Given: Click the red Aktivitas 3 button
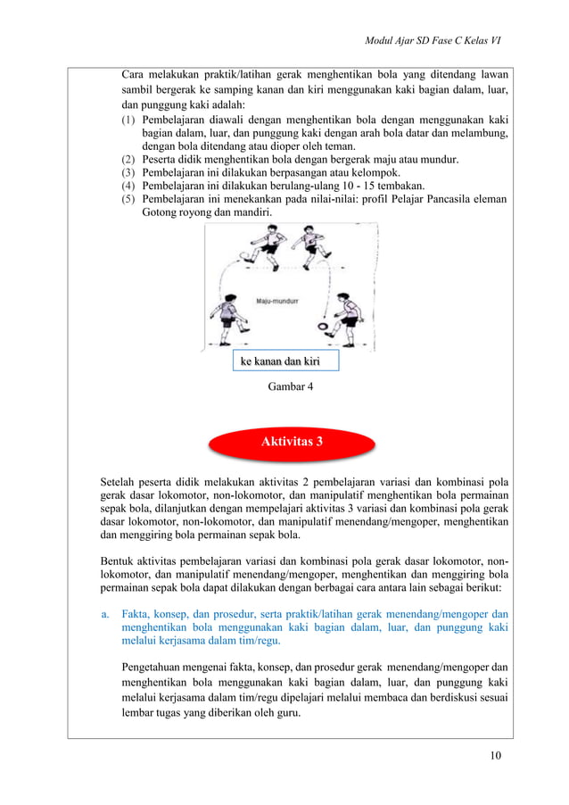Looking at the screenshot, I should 292,443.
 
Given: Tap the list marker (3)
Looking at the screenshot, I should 130,172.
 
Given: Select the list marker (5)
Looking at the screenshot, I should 130,199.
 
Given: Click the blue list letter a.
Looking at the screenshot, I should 104,614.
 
